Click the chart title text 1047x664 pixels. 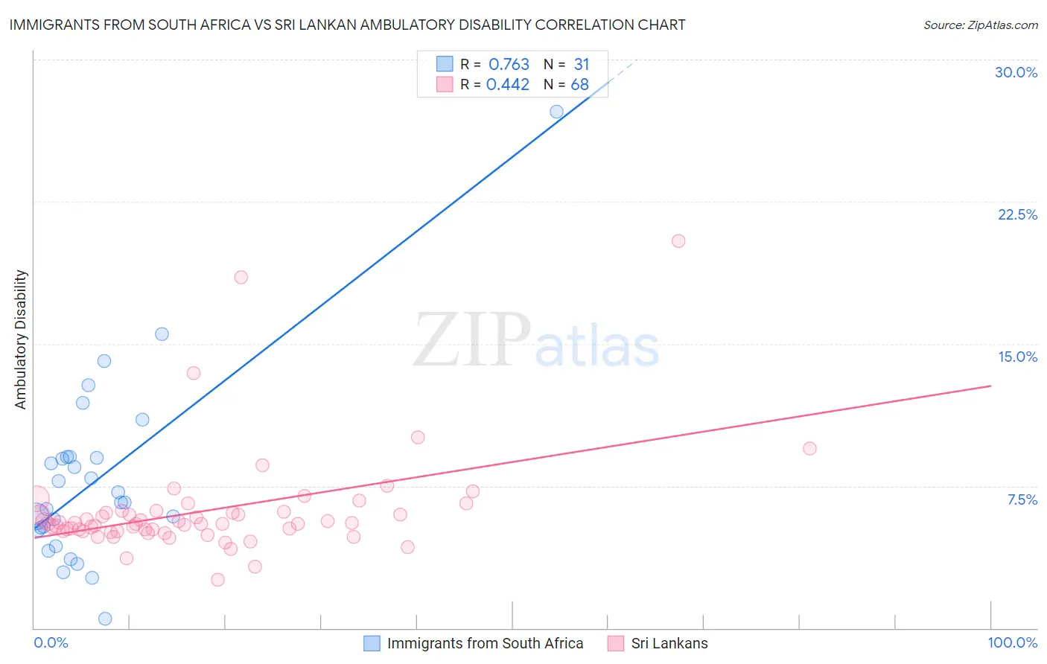pyautogui.click(x=347, y=25)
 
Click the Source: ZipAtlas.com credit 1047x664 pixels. pyautogui.click(x=980, y=25)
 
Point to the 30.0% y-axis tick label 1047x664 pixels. pyautogui.click(x=1016, y=72)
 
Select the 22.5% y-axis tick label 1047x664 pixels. pyautogui.click(x=1017, y=214)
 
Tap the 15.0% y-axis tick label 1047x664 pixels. pyautogui.click(x=1017, y=357)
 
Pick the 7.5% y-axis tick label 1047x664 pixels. pyautogui.click(x=1022, y=499)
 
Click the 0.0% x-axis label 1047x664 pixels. pyautogui.click(x=51, y=642)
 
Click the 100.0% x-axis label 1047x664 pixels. pyautogui.click(x=1012, y=642)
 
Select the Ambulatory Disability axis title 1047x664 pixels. pyautogui.click(x=21, y=339)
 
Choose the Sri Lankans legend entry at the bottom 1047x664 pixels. pyautogui.click(x=669, y=643)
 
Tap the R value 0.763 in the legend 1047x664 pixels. pyautogui.click(x=509, y=65)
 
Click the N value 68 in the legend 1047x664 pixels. pyautogui.click(x=579, y=85)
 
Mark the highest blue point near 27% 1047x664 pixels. pyautogui.click(x=556, y=112)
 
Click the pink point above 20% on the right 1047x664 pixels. pyautogui.click(x=678, y=241)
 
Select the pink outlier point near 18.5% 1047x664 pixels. pyautogui.click(x=241, y=277)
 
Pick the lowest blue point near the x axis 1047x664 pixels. pyautogui.click(x=105, y=619)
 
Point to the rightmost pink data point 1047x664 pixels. pyautogui.click(x=809, y=448)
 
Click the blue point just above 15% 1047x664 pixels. pyautogui.click(x=162, y=334)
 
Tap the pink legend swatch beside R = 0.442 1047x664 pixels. pyautogui.click(x=445, y=84)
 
